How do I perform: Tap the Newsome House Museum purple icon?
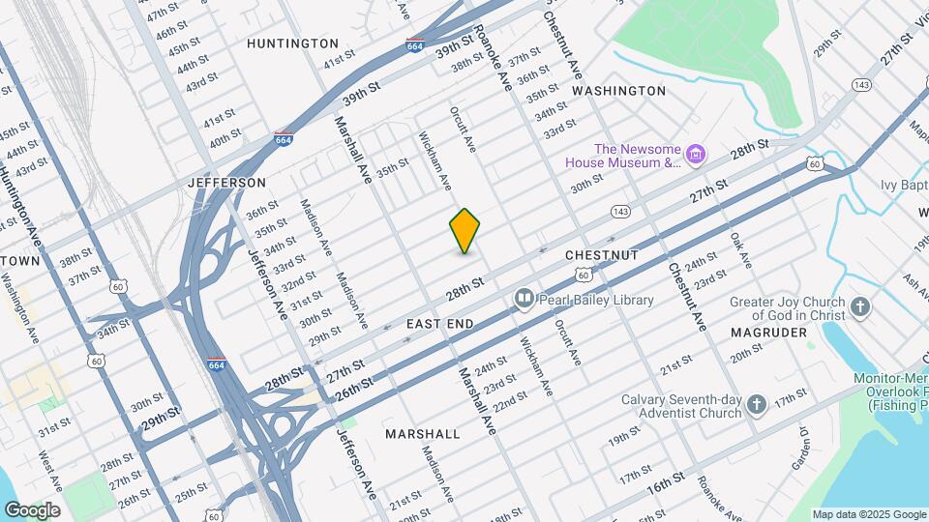point(694,155)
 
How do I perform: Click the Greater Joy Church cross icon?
point(859,308)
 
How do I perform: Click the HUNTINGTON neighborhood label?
point(292,43)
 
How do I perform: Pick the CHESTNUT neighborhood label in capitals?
point(601,254)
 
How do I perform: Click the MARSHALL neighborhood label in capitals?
point(422,434)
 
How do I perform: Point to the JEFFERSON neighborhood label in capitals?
point(226,183)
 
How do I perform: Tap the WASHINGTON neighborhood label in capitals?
point(618,91)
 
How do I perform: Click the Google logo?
point(32,509)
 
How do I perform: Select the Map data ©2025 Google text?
point(868,514)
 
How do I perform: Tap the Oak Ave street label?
point(740,250)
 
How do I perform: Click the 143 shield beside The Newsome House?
point(620,210)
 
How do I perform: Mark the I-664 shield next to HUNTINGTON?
point(414,44)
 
